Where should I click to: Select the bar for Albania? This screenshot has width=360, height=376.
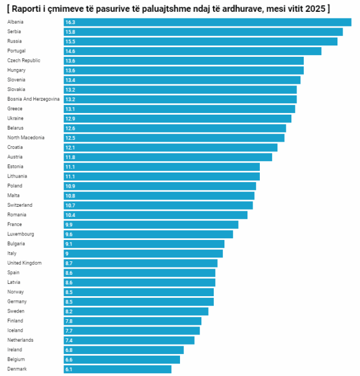pyautogui.click(x=208, y=22)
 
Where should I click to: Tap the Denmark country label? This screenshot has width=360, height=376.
pyautogui.click(x=17, y=369)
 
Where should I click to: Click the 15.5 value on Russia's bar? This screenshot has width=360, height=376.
pyautogui.click(x=70, y=42)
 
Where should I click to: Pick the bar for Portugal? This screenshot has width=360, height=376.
pyautogui.click(x=192, y=51)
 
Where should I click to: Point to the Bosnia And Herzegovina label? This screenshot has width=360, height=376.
pyautogui.click(x=33, y=99)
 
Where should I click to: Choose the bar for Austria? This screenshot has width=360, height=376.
pyautogui.click(x=168, y=157)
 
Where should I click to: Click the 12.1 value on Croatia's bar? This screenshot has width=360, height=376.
pyautogui.click(x=70, y=147)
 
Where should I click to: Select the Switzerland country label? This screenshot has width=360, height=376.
pyautogui.click(x=20, y=205)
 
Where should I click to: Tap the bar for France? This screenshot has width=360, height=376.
pyautogui.click(x=151, y=224)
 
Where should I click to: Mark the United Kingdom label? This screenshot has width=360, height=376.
pyautogui.click(x=25, y=263)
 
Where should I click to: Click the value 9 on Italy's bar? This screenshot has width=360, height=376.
pyautogui.click(x=67, y=253)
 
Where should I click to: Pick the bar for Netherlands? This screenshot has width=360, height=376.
pyautogui.click(x=129, y=340)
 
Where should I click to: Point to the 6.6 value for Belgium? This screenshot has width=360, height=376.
pyautogui.click(x=69, y=359)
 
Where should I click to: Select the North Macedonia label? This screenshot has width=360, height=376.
pyautogui.click(x=26, y=138)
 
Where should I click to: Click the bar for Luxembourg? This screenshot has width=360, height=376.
pyautogui.click(x=148, y=234)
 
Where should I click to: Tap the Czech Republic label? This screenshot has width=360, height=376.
pyautogui.click(x=24, y=60)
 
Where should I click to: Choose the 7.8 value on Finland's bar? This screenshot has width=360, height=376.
pyautogui.click(x=69, y=321)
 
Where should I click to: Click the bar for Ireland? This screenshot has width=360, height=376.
pyautogui.click(x=124, y=350)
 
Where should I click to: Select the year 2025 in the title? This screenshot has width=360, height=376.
pyautogui.click(x=314, y=8)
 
